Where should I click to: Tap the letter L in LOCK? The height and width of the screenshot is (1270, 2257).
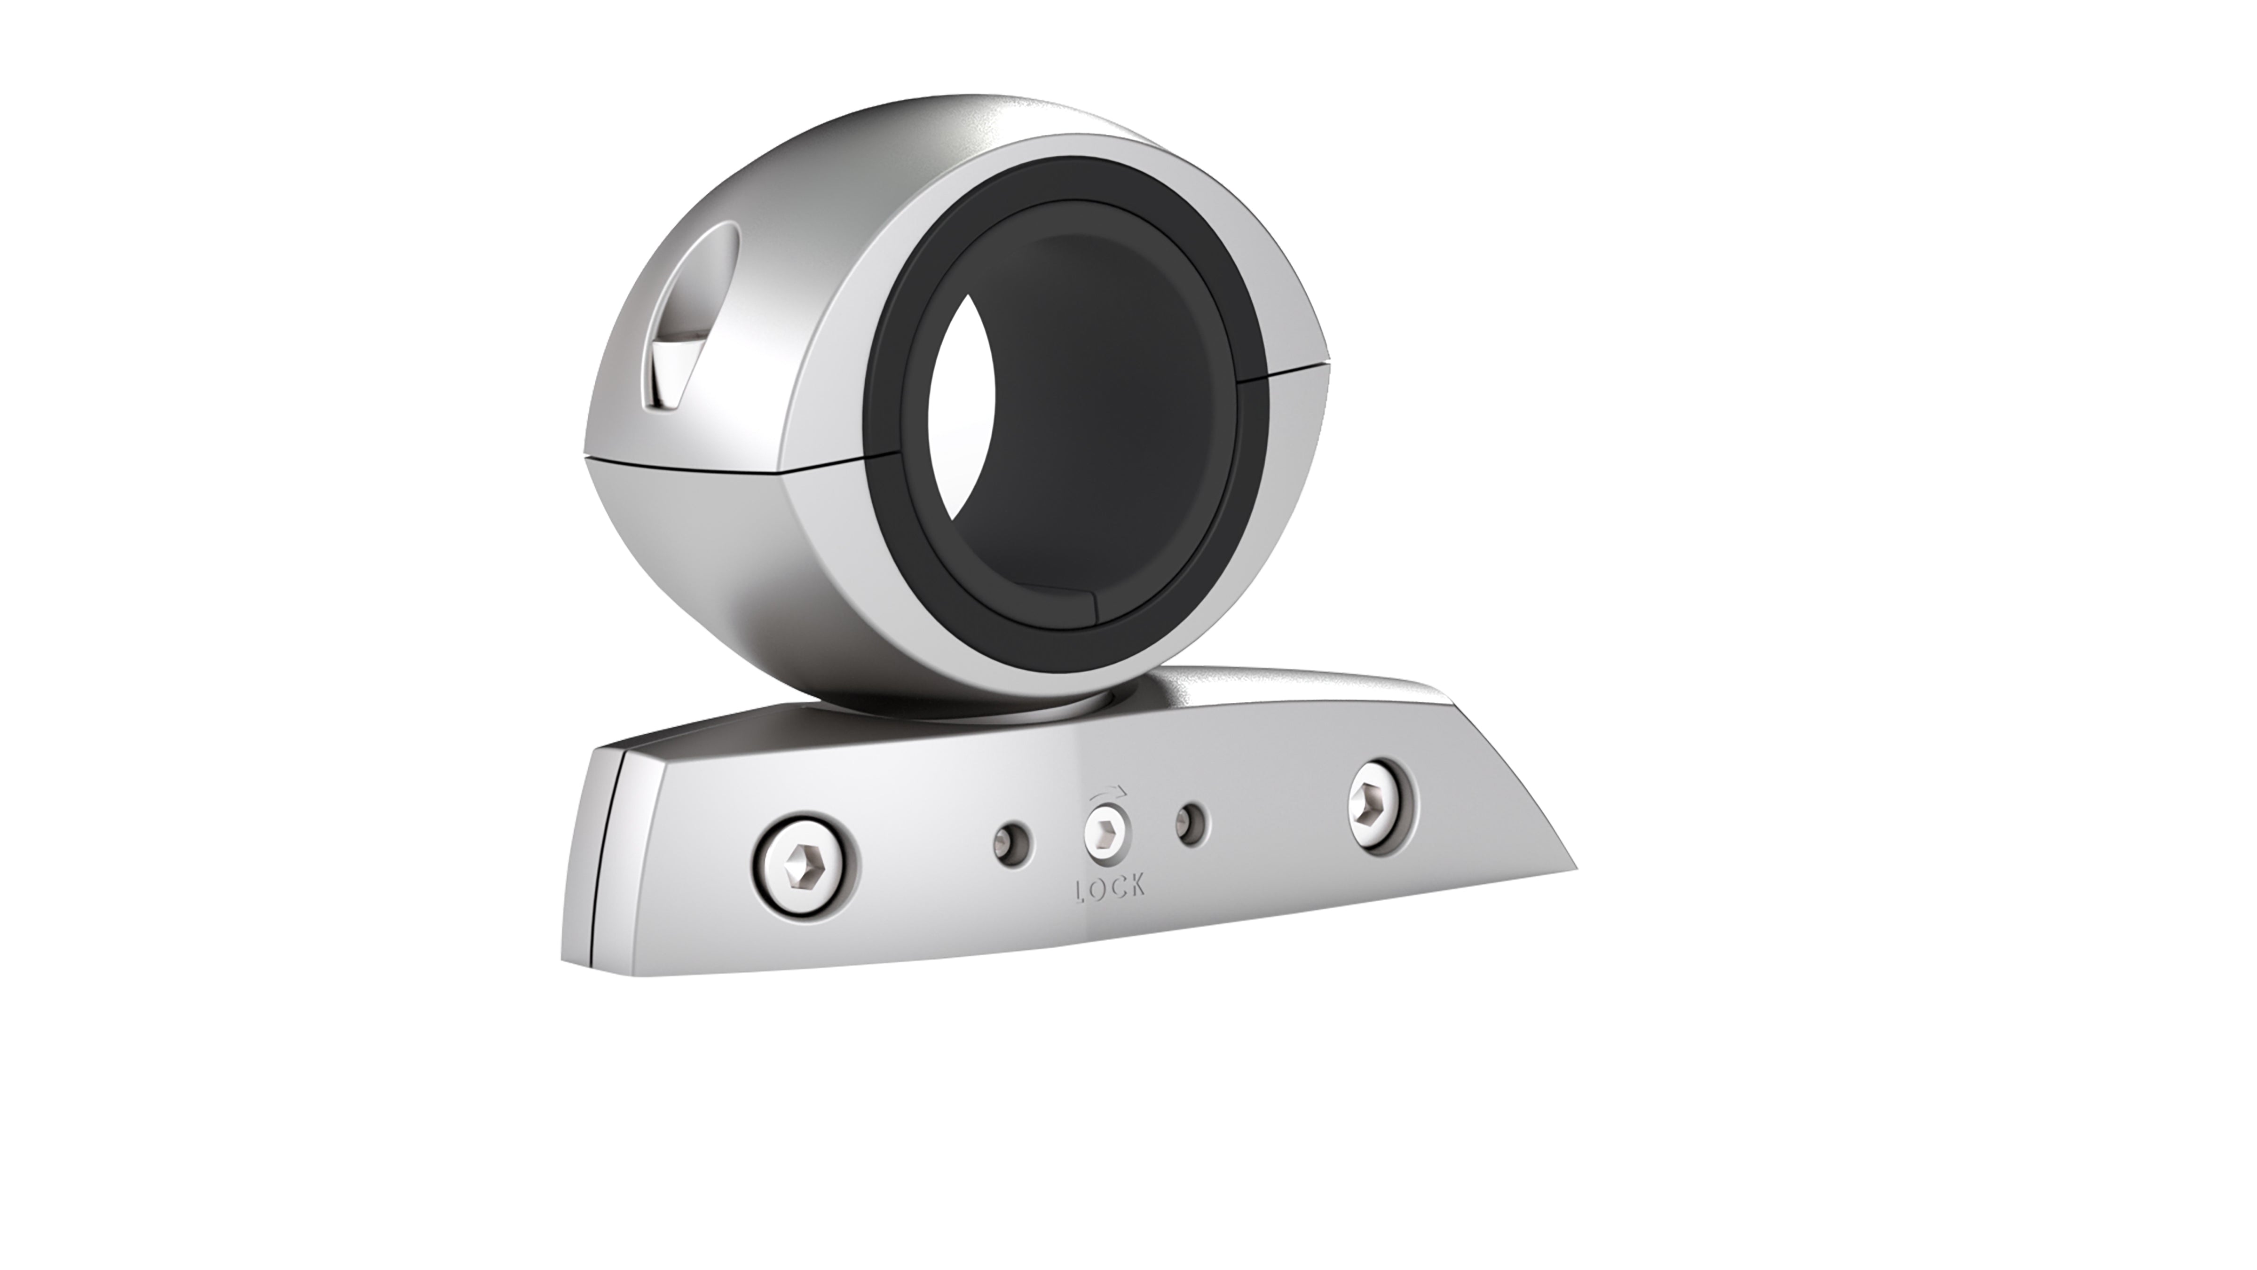click(1081, 889)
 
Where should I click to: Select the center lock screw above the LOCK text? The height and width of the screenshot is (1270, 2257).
click(1106, 833)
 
